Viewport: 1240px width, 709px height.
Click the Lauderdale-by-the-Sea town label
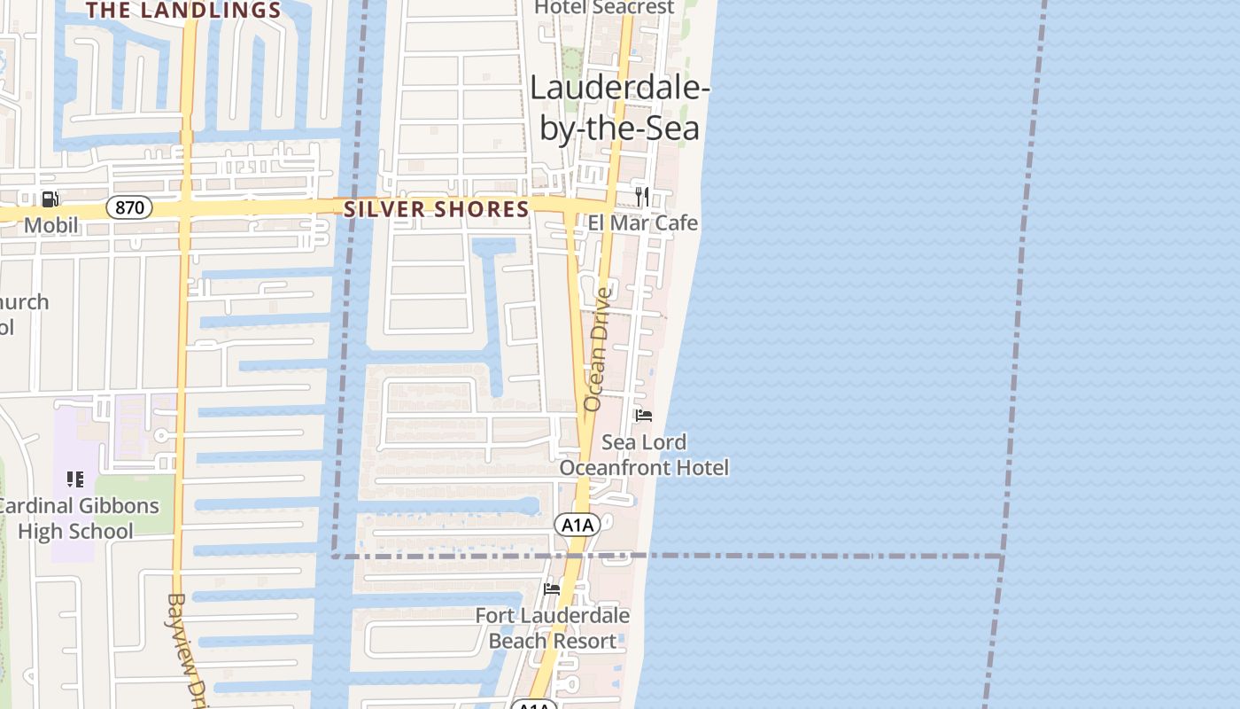(620, 109)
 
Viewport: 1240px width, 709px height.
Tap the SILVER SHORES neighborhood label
(437, 209)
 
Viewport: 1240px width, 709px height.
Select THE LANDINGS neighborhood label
(183, 11)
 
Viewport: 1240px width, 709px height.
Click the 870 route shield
(129, 208)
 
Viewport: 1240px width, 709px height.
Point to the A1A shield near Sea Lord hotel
(577, 526)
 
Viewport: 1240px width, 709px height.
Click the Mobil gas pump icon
(50, 199)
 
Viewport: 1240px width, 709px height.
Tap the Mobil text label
(50, 225)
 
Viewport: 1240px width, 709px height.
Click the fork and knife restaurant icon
(642, 196)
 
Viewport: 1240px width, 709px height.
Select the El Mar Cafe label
(643, 222)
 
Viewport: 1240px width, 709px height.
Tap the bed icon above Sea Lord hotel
(644, 415)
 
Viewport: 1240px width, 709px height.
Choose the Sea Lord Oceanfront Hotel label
(644, 455)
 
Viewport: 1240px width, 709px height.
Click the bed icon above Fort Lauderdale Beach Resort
(552, 588)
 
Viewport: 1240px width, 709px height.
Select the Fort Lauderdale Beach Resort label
(553, 627)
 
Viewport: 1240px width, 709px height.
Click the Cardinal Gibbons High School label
(77, 518)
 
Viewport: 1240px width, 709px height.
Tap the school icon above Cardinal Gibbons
(75, 479)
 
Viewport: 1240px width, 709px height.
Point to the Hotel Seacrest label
(605, 7)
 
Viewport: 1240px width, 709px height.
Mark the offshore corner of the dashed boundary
(1002, 557)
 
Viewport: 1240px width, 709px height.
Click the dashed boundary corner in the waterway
(334, 556)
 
